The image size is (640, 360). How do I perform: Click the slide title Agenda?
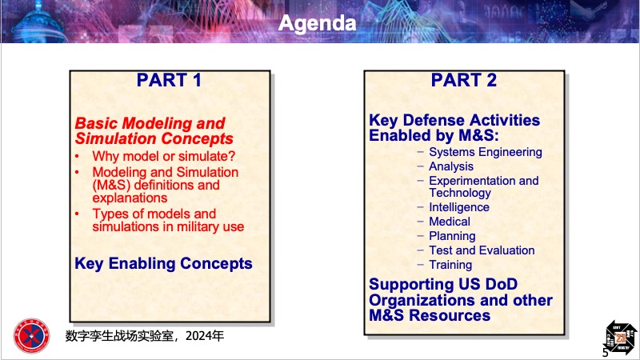point(317,24)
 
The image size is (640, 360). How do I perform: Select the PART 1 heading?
point(169,80)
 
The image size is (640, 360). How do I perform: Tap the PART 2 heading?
point(464,80)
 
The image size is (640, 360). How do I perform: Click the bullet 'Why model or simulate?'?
point(164,156)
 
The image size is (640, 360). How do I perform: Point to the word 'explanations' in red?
point(130,198)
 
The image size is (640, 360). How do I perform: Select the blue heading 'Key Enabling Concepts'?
point(163,264)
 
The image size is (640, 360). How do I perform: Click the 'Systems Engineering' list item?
point(486,152)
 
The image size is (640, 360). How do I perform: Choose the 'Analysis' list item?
point(451,166)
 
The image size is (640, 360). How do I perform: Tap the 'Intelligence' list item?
point(459,207)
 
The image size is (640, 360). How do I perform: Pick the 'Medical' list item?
point(450,222)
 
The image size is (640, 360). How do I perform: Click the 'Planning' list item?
point(452,236)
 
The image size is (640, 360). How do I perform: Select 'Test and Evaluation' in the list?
point(482,250)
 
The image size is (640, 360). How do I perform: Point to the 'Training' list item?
point(450,265)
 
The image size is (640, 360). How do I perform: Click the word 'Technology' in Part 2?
point(460,193)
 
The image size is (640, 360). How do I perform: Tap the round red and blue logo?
point(31,336)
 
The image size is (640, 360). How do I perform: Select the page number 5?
point(606,352)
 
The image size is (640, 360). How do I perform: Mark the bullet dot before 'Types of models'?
point(77,214)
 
